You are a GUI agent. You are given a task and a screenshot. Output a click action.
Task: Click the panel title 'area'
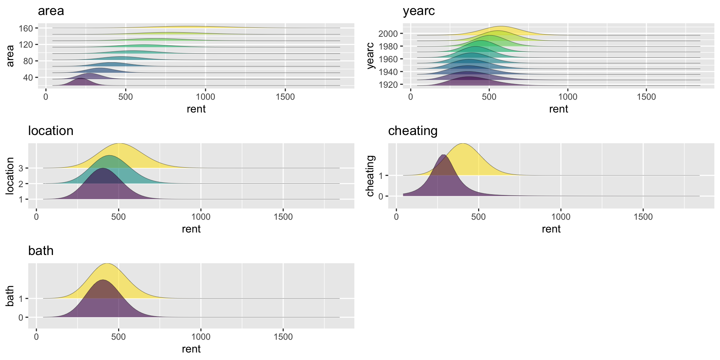pyautogui.click(x=51, y=11)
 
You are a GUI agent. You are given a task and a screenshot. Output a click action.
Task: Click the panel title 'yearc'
pyautogui.click(x=418, y=11)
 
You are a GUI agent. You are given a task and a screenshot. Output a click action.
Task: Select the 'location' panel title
pyautogui.click(x=51, y=131)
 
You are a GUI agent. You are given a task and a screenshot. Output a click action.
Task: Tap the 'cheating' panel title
pyautogui.click(x=412, y=131)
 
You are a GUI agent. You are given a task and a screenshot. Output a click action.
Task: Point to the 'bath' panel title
pyautogui.click(x=40, y=250)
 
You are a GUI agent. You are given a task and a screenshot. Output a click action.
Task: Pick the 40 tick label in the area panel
pyautogui.click(x=28, y=78)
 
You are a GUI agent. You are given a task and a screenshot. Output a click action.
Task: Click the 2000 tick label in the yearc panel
pyautogui.click(x=388, y=34)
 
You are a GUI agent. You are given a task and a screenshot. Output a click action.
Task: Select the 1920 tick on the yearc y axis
pyautogui.click(x=388, y=85)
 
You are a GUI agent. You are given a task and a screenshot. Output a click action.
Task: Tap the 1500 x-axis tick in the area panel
pyautogui.click(x=285, y=97)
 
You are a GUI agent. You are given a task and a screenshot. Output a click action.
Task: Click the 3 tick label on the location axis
pyautogui.click(x=21, y=168)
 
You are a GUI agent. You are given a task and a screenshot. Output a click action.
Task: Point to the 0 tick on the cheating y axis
pyautogui.click(x=381, y=196)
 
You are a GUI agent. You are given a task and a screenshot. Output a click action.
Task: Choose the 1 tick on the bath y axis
pyautogui.click(x=21, y=299)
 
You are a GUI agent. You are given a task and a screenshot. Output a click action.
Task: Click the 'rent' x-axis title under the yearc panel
pyautogui.click(x=558, y=109)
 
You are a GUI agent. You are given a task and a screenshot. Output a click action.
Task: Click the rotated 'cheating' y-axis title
pyautogui.click(x=370, y=175)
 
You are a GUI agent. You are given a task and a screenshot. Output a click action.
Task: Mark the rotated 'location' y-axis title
pyautogui.click(x=10, y=175)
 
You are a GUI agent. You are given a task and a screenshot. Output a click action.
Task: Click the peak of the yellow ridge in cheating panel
pyautogui.click(x=463, y=144)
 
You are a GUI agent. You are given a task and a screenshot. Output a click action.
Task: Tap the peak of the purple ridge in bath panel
pyautogui.click(x=102, y=280)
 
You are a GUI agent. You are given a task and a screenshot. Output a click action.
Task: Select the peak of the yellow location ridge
pyautogui.click(x=119, y=144)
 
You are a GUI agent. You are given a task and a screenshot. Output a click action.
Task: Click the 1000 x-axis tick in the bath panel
pyautogui.click(x=201, y=337)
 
